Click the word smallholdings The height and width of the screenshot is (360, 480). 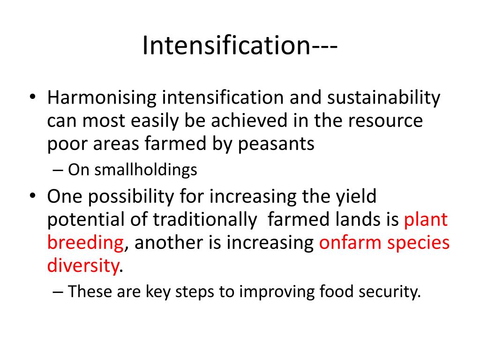coord(146,170)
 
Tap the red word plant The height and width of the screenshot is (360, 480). coord(426,219)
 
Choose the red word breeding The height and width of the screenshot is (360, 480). coord(85,242)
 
